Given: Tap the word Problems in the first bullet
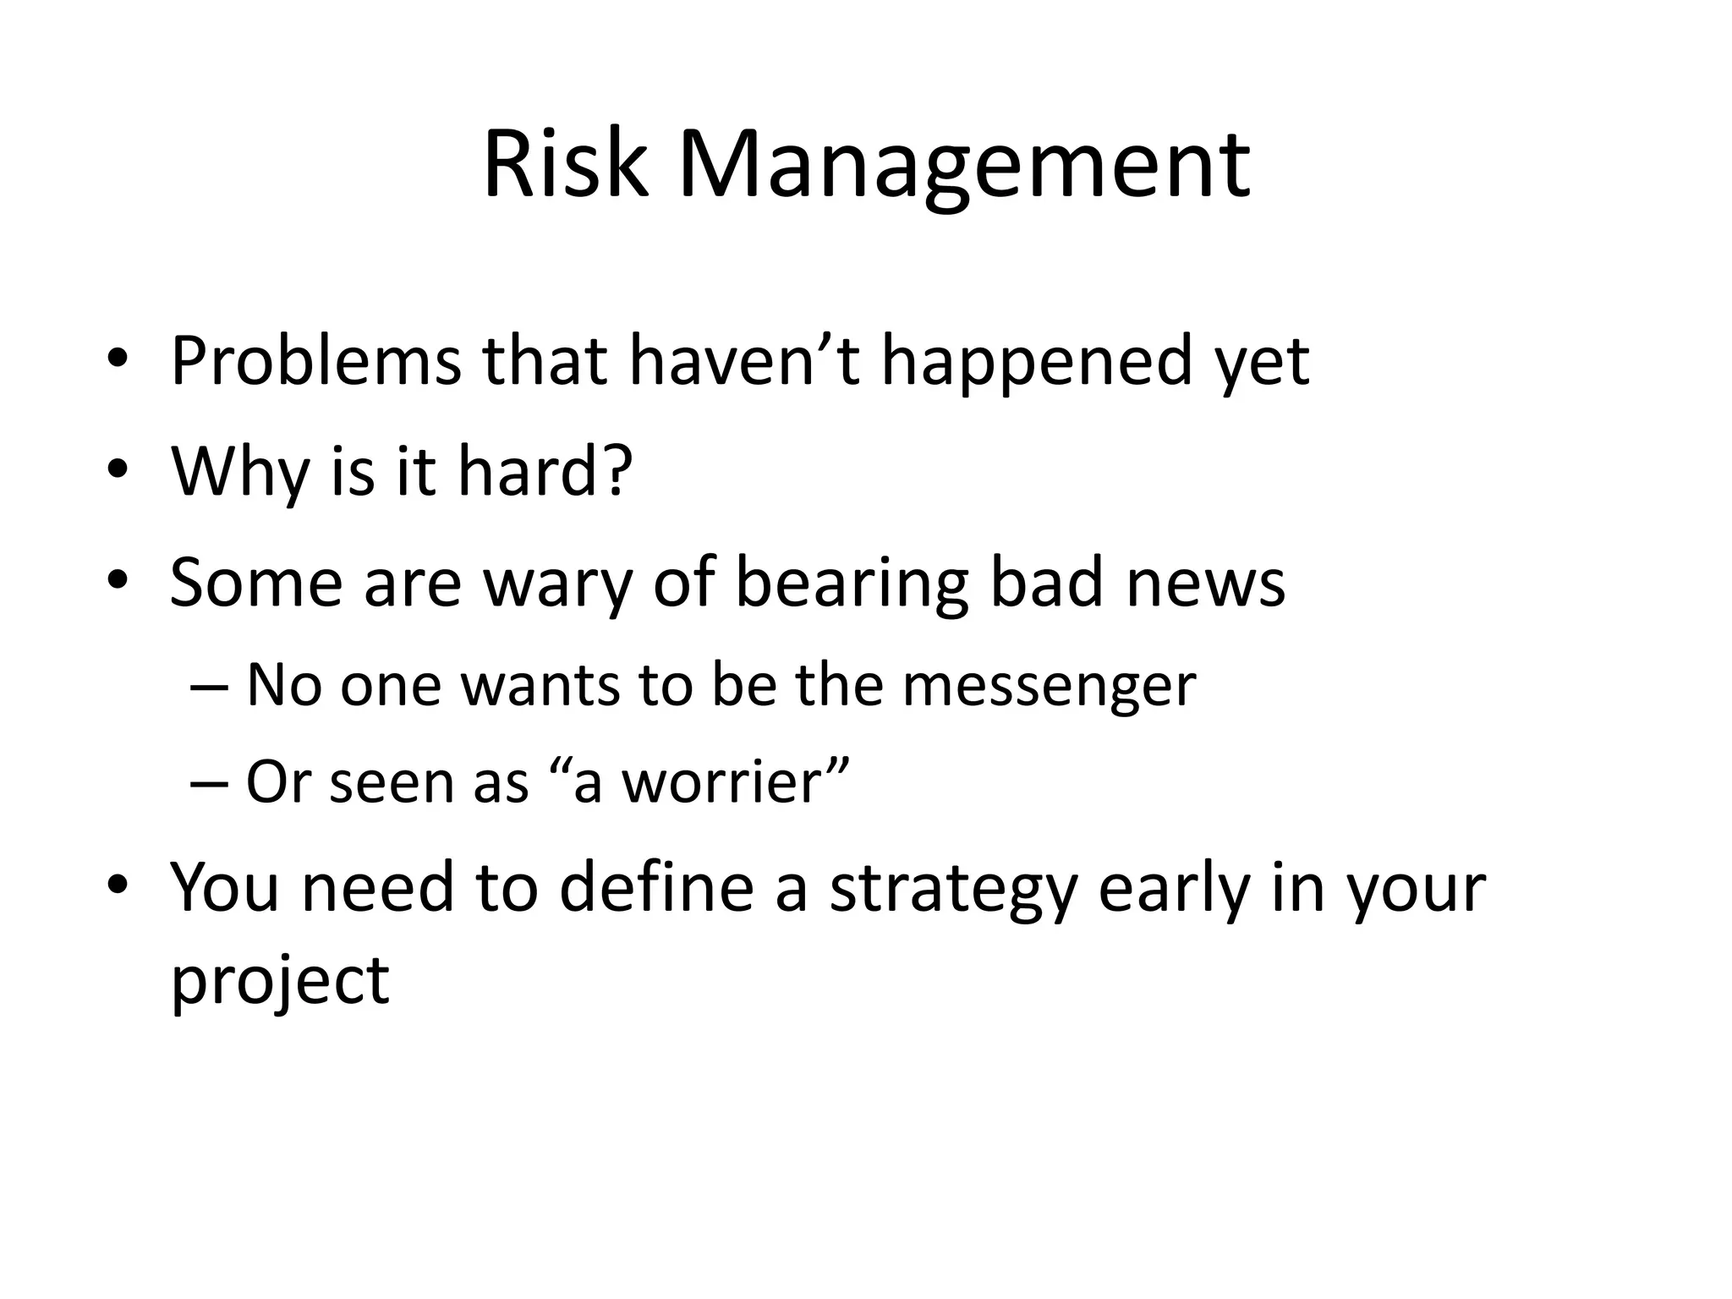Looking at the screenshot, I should tap(315, 361).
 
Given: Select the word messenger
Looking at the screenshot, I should tap(1049, 686).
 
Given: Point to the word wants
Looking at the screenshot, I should tap(540, 684).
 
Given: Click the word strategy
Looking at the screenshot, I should tap(953, 891).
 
